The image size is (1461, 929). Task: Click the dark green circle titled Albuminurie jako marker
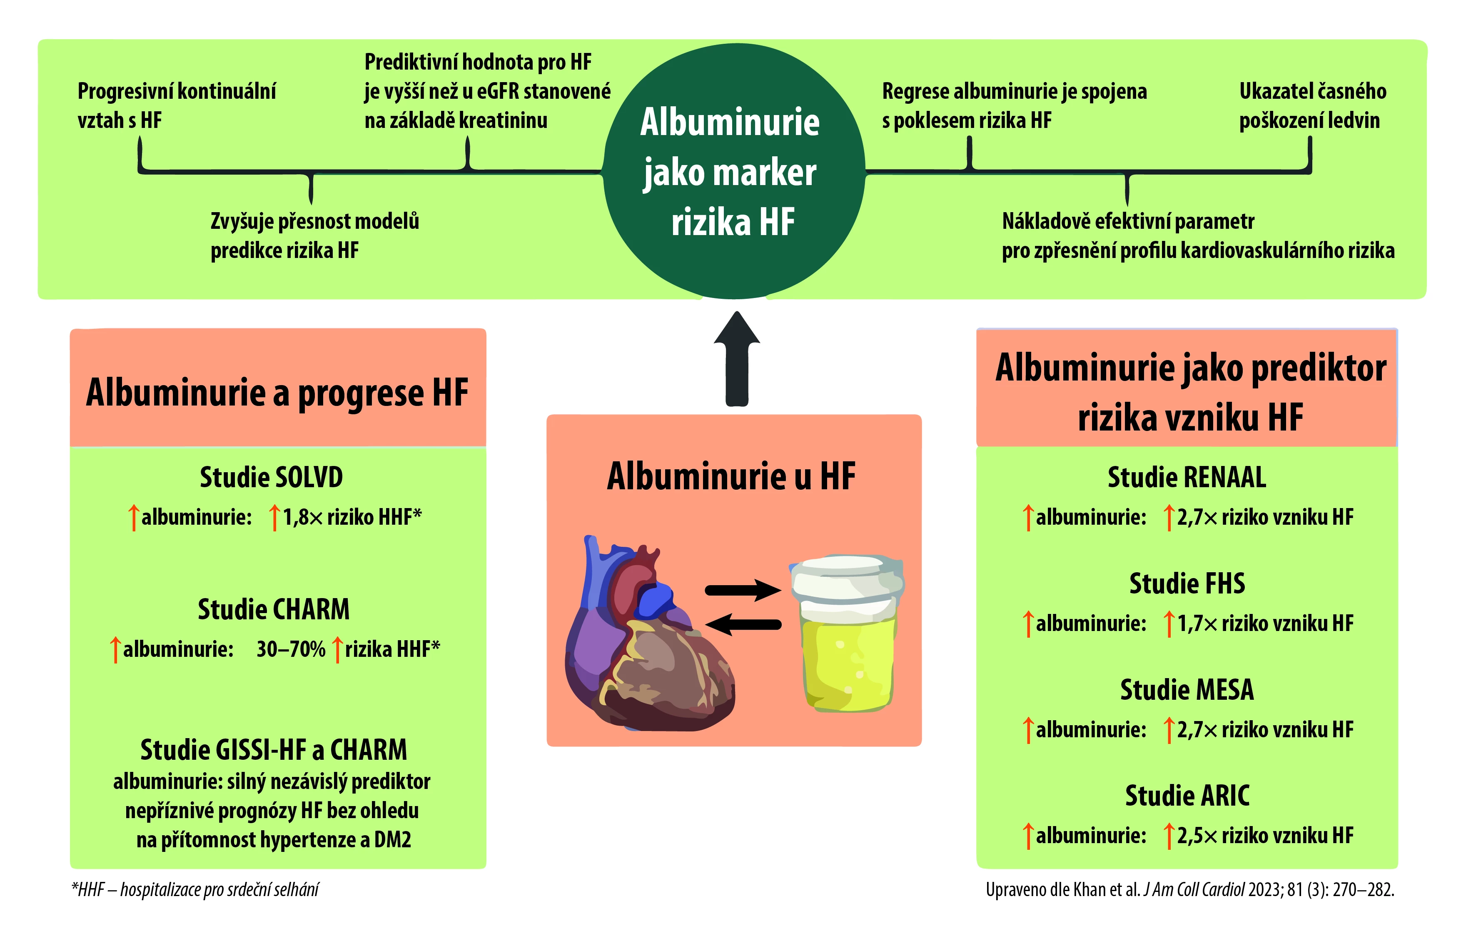click(x=733, y=171)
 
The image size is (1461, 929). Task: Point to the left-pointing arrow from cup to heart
click(x=743, y=624)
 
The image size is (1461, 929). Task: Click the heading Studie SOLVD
click(x=271, y=477)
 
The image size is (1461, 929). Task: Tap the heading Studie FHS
click(x=1187, y=583)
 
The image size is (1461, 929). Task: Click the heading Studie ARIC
click(x=1187, y=796)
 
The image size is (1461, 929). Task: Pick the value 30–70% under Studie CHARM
click(x=291, y=649)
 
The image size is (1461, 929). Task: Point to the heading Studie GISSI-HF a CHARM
click(x=274, y=750)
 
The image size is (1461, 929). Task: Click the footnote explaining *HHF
click(x=195, y=889)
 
